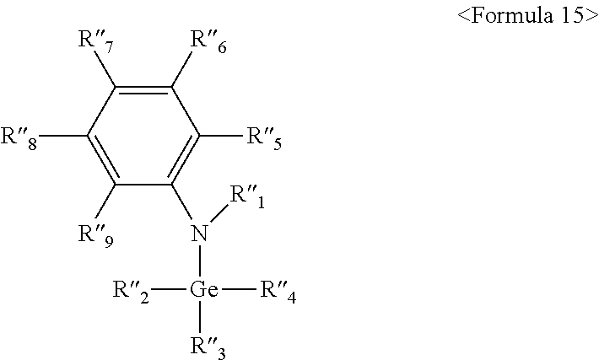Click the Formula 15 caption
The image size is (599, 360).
click(526, 17)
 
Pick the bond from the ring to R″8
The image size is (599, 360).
click(64, 135)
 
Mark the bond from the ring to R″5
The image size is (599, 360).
click(221, 135)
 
